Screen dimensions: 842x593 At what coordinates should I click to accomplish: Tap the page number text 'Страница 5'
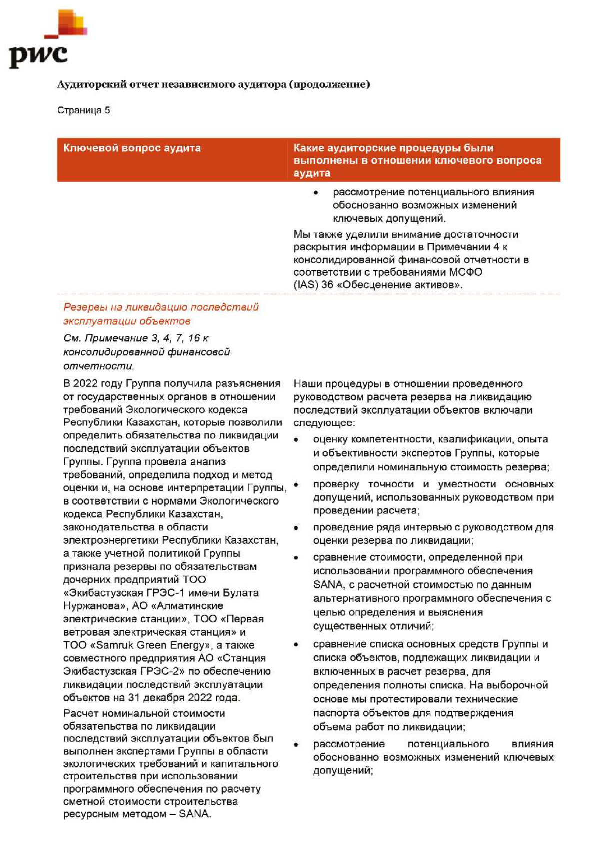tap(83, 110)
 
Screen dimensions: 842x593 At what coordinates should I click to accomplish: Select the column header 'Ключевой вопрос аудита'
tap(132, 148)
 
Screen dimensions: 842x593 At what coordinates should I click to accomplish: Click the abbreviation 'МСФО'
tap(465, 272)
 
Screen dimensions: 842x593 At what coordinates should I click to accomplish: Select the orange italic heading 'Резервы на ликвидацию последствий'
tap(161, 307)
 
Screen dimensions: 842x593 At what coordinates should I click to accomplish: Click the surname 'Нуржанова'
tap(92, 606)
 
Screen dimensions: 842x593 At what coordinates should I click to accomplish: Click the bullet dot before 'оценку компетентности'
tap(296, 440)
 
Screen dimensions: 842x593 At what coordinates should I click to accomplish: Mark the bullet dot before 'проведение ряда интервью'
tap(296, 528)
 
